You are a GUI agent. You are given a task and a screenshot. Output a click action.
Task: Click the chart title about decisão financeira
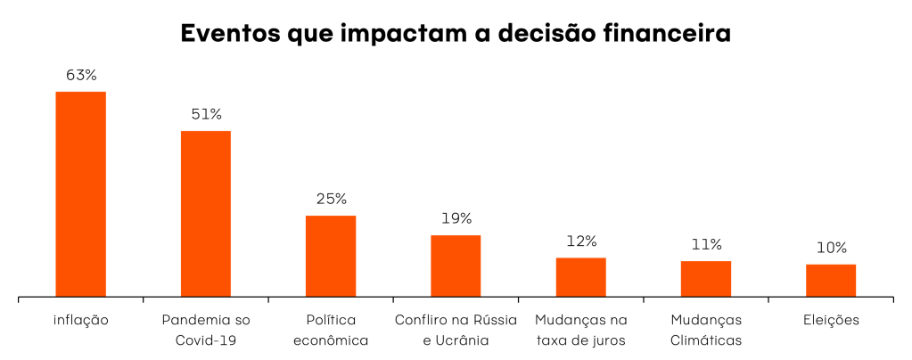pyautogui.click(x=456, y=34)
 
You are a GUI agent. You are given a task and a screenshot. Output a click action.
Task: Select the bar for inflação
pyautogui.click(x=81, y=193)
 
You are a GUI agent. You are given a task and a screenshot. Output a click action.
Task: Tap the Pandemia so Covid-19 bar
pyautogui.click(x=206, y=213)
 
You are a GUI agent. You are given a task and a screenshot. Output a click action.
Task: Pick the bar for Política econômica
pyautogui.click(x=331, y=256)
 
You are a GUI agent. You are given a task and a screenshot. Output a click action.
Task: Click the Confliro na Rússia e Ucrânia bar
pyautogui.click(x=456, y=266)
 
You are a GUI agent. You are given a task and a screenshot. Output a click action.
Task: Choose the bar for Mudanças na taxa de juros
pyautogui.click(x=580, y=277)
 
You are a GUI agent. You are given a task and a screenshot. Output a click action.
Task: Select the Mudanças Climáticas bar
pyautogui.click(x=705, y=279)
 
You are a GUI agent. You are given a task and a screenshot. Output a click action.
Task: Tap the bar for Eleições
pyautogui.click(x=830, y=280)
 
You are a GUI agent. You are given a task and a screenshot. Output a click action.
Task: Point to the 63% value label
pyautogui.click(x=81, y=76)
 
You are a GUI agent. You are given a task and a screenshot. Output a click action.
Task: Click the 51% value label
pyautogui.click(x=206, y=115)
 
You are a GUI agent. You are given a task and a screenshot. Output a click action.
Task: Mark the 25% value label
pyautogui.click(x=331, y=199)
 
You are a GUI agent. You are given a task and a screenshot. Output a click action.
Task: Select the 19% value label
pyautogui.click(x=456, y=218)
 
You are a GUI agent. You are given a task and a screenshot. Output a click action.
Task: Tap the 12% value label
pyautogui.click(x=580, y=241)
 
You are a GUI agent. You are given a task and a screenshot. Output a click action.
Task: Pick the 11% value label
pyautogui.click(x=705, y=244)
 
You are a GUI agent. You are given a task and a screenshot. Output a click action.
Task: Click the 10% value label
pyautogui.click(x=830, y=248)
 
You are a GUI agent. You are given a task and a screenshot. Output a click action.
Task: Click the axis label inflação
pyautogui.click(x=81, y=320)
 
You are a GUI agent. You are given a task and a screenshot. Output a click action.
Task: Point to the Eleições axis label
pyautogui.click(x=830, y=320)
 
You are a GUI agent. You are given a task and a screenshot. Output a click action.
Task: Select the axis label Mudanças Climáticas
pyautogui.click(x=705, y=330)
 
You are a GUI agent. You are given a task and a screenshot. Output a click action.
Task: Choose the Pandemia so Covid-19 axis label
pyautogui.click(x=206, y=330)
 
